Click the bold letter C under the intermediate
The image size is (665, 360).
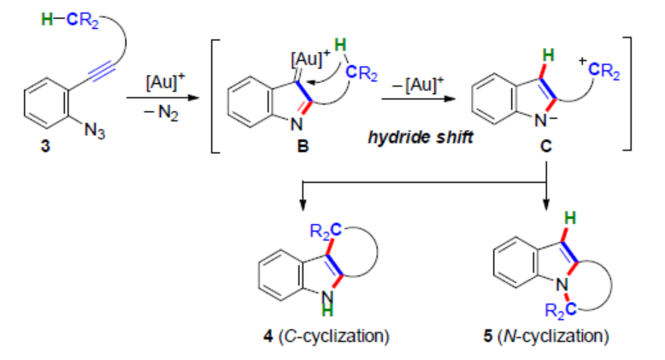(x=545, y=147)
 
